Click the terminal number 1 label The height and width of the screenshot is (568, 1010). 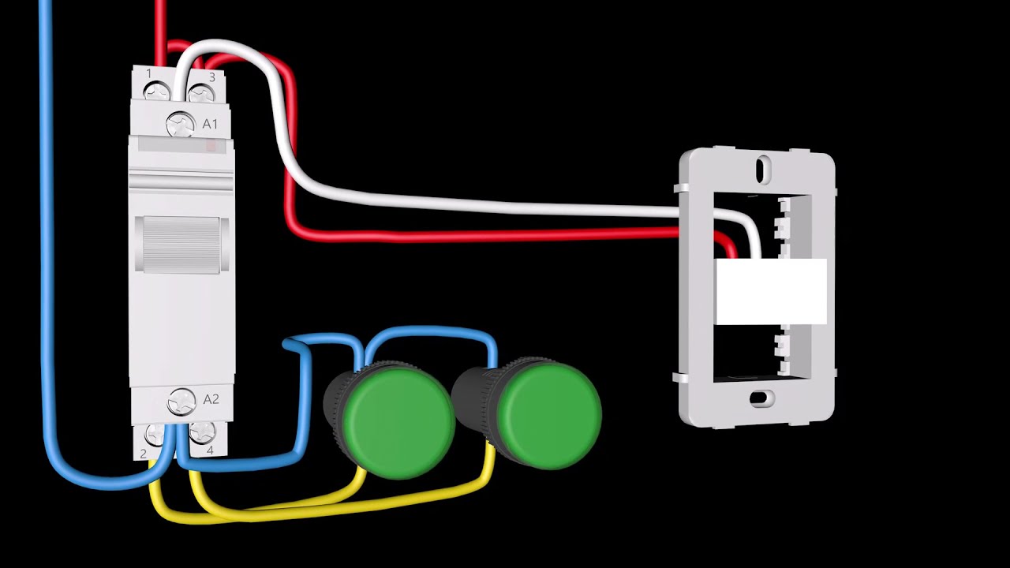(x=149, y=73)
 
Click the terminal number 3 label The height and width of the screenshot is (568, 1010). (x=212, y=77)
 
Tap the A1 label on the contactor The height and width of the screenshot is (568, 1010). (x=210, y=124)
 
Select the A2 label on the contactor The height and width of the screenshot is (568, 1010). (x=211, y=399)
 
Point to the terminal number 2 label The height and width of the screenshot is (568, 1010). (x=144, y=454)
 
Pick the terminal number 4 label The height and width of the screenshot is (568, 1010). (x=210, y=450)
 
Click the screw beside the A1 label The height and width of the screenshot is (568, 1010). (x=181, y=124)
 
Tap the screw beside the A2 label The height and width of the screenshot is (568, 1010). (x=181, y=402)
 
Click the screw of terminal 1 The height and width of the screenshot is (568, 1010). (x=157, y=92)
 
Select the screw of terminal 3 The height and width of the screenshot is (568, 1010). (x=201, y=94)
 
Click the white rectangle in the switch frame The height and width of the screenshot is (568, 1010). (x=772, y=291)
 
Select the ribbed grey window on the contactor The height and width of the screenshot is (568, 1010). (x=181, y=245)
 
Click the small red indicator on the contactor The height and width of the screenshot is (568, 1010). (x=211, y=145)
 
